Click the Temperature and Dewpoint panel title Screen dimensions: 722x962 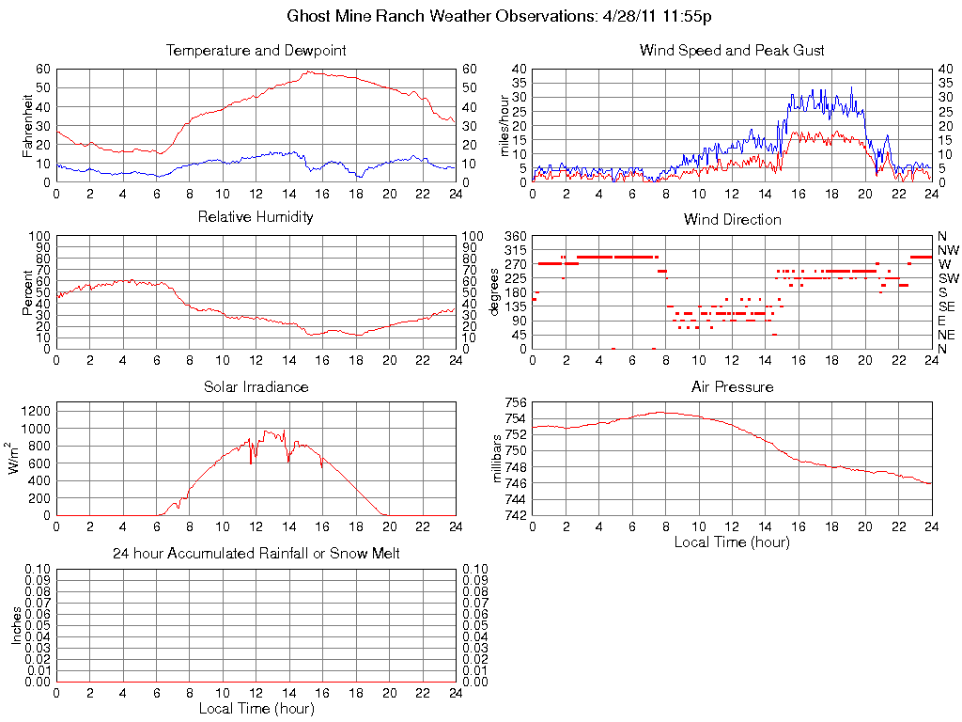point(256,51)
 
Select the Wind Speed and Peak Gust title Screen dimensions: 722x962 point(732,51)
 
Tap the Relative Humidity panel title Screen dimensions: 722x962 point(256,217)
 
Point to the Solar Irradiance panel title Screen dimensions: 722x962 point(256,387)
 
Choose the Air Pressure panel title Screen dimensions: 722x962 point(732,387)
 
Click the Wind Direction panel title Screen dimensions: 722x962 point(732,220)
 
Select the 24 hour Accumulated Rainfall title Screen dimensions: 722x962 point(256,554)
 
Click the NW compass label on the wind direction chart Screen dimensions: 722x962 point(947,250)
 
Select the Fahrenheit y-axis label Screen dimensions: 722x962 point(28,125)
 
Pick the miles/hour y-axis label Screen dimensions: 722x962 point(504,125)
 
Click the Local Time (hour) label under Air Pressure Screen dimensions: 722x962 point(732,541)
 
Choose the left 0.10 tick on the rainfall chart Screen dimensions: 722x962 point(39,570)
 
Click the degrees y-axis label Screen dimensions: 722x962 point(495,292)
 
